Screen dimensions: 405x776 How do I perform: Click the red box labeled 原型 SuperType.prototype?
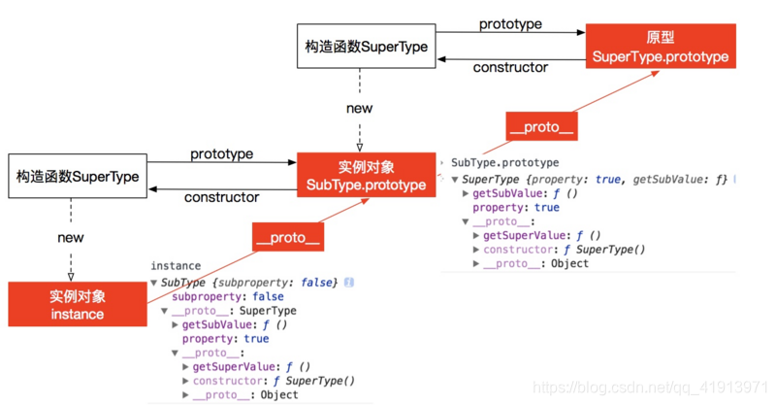[660, 47]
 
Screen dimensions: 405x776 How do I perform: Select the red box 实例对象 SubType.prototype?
[366, 176]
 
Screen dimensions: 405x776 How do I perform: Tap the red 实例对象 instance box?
[78, 304]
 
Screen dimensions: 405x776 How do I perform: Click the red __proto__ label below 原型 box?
[540, 126]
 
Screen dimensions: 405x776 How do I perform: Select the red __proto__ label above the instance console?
[287, 236]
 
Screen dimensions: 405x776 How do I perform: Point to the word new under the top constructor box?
[359, 108]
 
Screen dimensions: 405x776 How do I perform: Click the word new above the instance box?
[71, 237]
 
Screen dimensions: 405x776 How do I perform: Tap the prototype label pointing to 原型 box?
[510, 23]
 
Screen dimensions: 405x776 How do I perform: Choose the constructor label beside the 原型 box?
[510, 67]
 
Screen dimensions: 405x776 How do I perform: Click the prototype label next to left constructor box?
[221, 153]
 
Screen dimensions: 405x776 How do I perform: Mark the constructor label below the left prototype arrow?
[221, 197]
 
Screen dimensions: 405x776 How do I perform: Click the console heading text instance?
[176, 265]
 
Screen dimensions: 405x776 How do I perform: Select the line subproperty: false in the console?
[228, 296]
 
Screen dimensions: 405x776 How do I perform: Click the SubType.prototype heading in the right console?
[504, 163]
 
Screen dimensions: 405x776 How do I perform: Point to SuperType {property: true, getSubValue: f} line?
[594, 180]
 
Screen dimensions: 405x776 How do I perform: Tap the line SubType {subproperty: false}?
[248, 282]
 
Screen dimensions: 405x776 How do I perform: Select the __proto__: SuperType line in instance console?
[234, 311]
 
